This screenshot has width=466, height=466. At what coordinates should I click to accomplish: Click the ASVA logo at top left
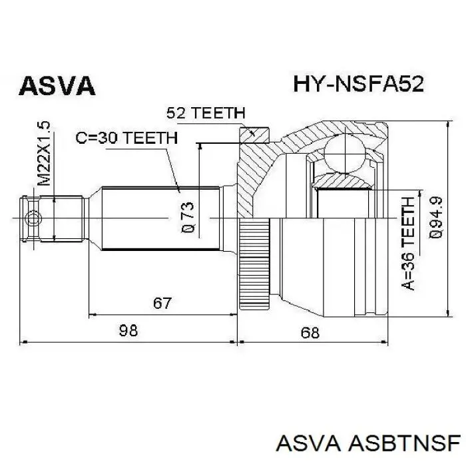coord(57,86)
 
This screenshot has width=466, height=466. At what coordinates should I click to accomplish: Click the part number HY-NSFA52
coord(358,84)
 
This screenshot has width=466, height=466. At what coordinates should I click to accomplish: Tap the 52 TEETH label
coord(206,113)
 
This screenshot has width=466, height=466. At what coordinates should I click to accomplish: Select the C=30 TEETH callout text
coord(126,138)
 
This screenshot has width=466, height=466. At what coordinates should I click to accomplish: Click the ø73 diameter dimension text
coord(187,217)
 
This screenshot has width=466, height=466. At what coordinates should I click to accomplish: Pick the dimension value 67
coord(162,303)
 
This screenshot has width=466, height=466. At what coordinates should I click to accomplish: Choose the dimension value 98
coord(128,330)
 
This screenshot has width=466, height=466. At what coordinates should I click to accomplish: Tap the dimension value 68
coord(310,333)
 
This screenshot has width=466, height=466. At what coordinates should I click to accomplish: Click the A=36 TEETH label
coord(407,244)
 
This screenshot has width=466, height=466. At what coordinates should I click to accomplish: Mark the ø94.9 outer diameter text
coord(435,217)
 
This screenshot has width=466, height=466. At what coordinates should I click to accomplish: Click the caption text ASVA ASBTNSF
coord(368,444)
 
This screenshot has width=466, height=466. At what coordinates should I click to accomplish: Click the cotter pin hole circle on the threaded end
coord(33,219)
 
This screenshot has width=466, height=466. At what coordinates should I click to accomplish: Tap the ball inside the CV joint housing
coord(344,154)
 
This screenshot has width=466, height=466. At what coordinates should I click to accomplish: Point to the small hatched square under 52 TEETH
coord(254,135)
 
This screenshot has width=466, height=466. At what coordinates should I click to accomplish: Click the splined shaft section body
coord(161,219)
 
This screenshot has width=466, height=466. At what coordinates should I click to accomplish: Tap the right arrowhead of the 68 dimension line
coord(384,342)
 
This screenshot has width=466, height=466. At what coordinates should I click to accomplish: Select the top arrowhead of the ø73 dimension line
coord(200,146)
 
